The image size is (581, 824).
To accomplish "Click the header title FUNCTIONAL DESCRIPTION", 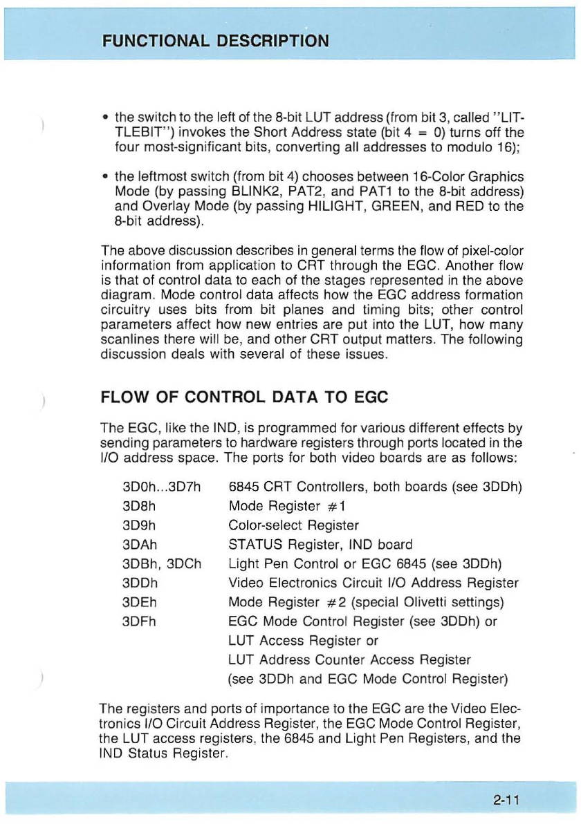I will tap(215, 39).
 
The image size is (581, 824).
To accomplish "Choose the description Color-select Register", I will tap(293, 525).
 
